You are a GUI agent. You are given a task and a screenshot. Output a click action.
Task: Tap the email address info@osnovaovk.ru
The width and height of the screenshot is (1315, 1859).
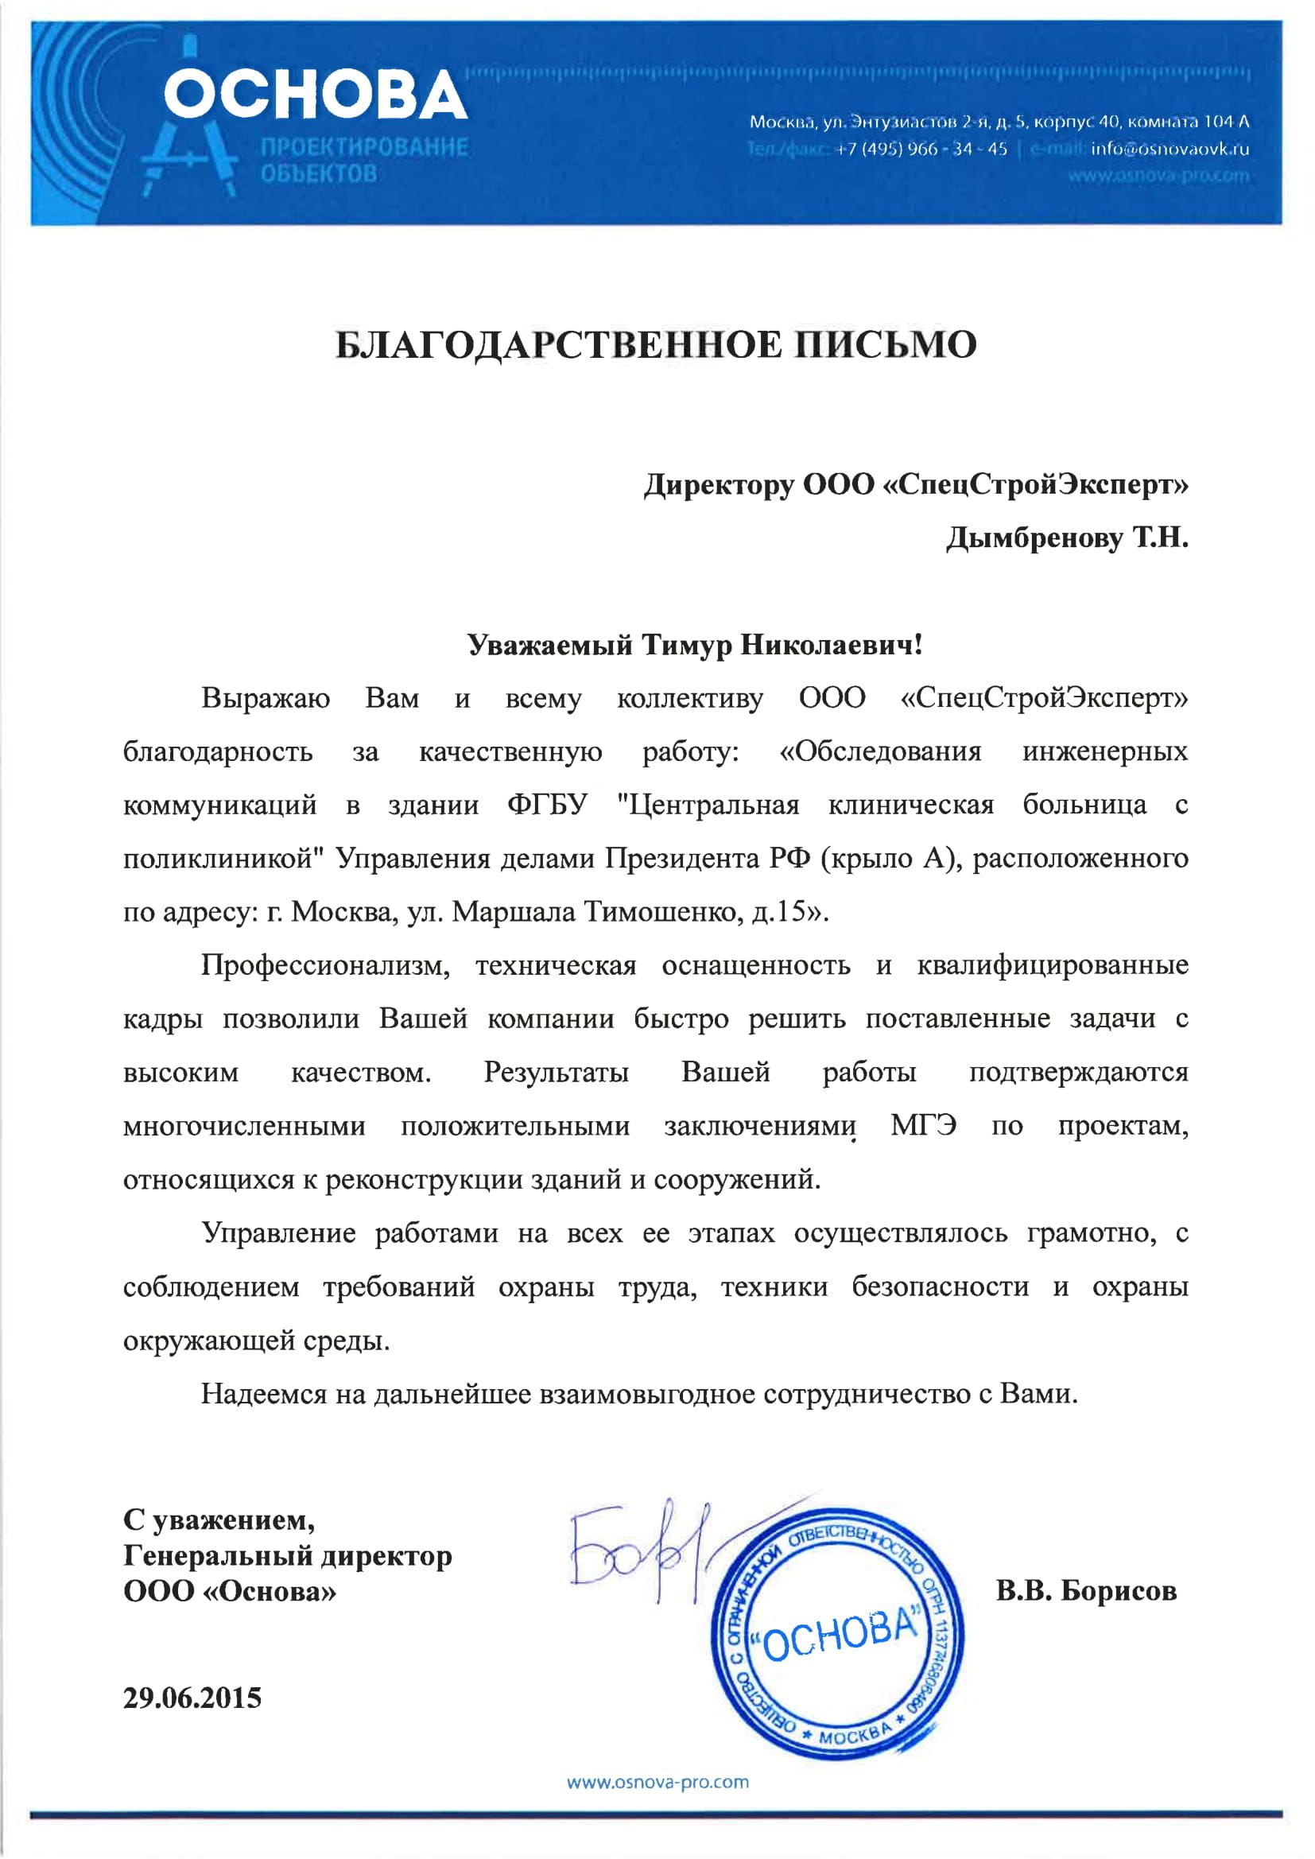(1170, 149)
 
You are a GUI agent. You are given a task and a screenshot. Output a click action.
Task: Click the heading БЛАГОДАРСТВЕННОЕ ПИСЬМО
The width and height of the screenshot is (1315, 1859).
(656, 345)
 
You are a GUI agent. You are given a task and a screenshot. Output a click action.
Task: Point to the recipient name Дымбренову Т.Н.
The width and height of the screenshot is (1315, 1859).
(1066, 538)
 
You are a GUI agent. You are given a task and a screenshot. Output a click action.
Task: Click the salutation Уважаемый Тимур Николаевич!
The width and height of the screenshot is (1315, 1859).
(695, 645)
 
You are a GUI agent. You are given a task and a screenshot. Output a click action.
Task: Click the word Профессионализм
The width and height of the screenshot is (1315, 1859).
(324, 965)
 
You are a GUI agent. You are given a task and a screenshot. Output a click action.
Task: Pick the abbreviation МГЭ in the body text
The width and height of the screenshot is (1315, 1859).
(923, 1125)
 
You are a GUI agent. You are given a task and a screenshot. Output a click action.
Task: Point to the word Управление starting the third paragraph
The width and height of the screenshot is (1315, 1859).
(278, 1232)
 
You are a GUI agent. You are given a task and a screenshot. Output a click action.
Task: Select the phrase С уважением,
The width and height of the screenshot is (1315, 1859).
(219, 1519)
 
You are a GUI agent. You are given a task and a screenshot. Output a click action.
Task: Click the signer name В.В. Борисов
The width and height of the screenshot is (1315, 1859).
(1085, 1591)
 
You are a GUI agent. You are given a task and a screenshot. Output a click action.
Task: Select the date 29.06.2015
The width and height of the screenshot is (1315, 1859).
(192, 1698)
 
